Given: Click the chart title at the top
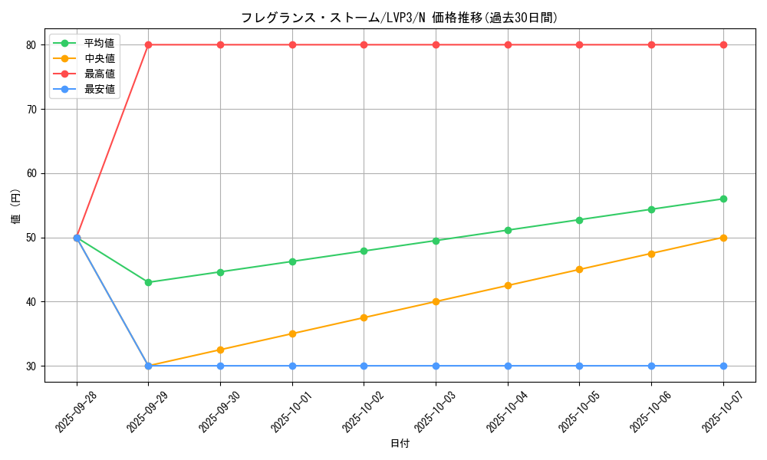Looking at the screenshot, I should coord(399,18).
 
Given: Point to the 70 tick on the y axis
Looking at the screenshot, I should coord(31,109).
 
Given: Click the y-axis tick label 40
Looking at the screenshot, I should coord(31,301).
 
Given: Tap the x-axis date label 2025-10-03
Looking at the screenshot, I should coord(434,411).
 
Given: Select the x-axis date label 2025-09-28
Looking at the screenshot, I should coord(75,411).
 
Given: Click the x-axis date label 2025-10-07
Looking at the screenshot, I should coord(722,411).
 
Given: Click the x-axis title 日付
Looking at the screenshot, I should coord(400,444).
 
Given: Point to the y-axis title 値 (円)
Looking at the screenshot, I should coord(16,205).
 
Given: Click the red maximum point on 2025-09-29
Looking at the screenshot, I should coord(148,44).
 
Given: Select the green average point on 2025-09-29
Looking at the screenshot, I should coord(148,282).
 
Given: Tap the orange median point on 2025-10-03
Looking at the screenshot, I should coord(436,301).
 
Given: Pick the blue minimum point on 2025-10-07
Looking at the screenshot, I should coord(723,366).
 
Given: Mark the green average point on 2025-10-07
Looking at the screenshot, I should coord(723,199).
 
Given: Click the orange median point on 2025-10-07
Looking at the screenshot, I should coord(723,238).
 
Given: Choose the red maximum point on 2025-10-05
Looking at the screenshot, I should coord(579,44).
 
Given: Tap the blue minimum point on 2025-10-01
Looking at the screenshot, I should coord(292,366).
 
